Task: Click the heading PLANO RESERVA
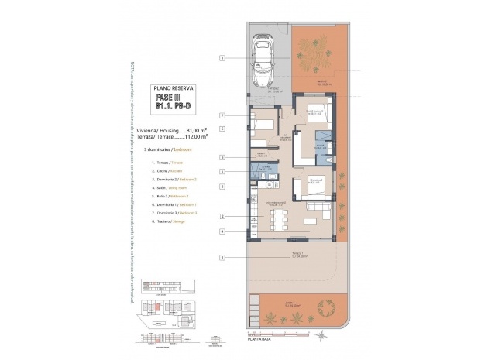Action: (x=174, y=88)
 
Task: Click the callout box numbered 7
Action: (x=222, y=115)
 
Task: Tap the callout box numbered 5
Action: (x=222, y=171)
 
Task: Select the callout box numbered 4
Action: (x=222, y=231)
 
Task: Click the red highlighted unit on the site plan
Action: (x=157, y=307)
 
